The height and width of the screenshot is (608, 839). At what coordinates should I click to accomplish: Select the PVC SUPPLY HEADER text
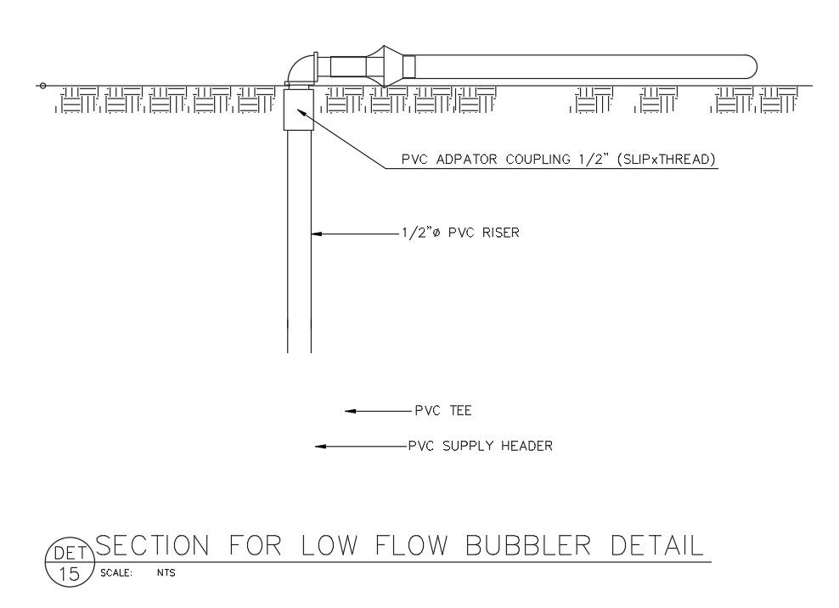[480, 446]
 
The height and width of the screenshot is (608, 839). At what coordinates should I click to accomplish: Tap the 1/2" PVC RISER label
[459, 231]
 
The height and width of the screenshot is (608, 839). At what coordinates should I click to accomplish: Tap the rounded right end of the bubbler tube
[749, 69]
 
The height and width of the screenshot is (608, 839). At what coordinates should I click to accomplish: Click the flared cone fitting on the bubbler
[384, 66]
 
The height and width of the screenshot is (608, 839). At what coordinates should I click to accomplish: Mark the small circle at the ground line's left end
[42, 86]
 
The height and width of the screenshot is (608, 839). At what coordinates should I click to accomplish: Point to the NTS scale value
[166, 572]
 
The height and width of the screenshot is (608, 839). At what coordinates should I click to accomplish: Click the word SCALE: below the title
[115, 572]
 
